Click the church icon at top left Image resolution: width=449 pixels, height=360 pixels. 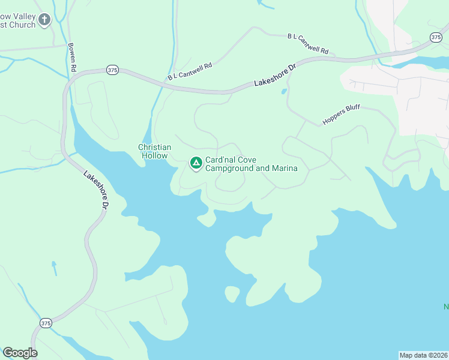click(44, 20)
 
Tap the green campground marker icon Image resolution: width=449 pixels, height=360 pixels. click(196, 163)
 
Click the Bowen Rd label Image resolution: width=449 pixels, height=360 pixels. click(72, 58)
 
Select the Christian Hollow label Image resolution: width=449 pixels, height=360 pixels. click(155, 151)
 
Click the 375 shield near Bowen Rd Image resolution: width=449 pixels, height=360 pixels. click(112, 70)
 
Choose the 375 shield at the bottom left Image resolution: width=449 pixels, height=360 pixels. click(46, 323)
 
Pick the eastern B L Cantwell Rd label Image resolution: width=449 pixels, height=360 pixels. click(309, 44)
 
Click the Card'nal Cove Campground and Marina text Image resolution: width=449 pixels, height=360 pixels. click(252, 164)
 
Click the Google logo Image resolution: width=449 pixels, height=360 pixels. click(20, 353)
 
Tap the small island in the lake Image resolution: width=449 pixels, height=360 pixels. click(232, 294)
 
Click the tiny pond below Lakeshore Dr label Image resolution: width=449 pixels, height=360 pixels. click(283, 92)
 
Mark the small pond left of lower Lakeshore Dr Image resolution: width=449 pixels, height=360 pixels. click(54, 264)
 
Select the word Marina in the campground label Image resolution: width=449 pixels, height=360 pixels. click(285, 169)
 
